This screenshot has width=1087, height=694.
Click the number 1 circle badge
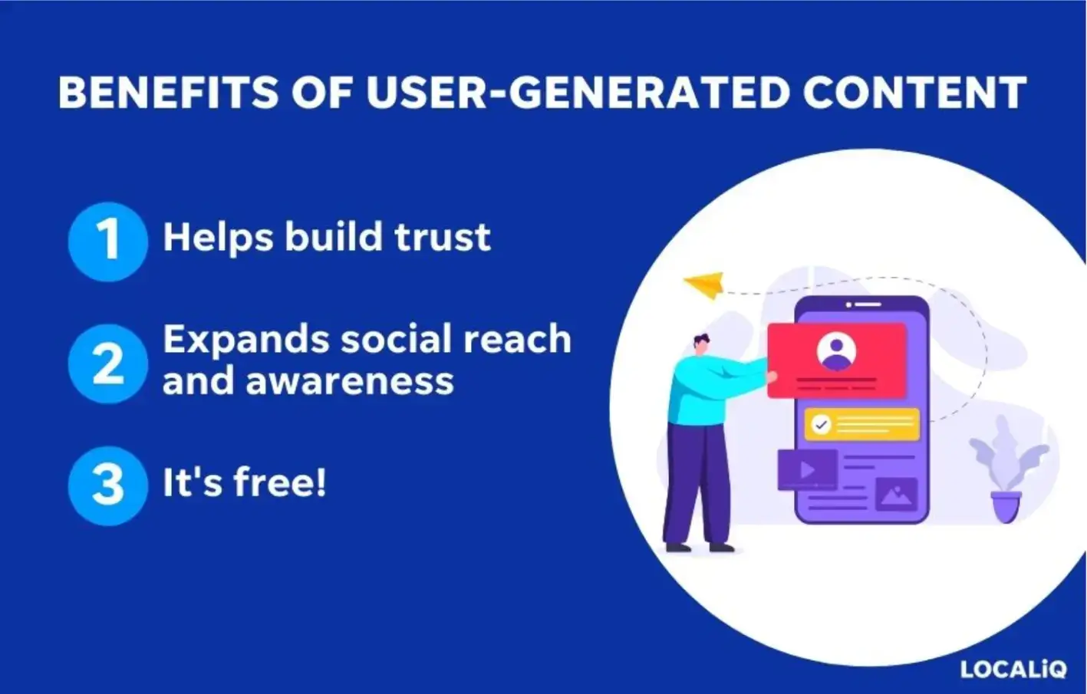coord(107,241)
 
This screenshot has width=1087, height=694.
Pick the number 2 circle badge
coord(107,363)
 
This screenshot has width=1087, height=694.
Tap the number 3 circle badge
coord(107,485)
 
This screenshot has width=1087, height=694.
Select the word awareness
coord(350,380)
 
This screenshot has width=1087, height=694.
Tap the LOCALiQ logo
coord(1013,669)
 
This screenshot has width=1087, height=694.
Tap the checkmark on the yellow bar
coord(821,424)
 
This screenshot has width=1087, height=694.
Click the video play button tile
coord(806,469)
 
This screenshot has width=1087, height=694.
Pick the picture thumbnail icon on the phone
coord(896,495)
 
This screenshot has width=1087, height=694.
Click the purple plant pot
coord(1006,507)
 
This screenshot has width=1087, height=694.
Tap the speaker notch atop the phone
coord(863,304)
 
